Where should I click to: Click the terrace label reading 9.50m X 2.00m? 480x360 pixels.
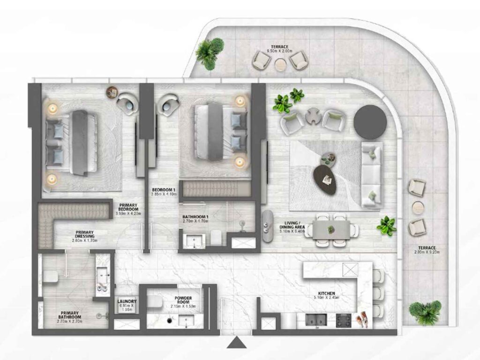point(277,49)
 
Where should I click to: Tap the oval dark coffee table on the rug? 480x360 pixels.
point(325,180)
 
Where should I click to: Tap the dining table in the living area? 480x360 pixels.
point(332,230)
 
